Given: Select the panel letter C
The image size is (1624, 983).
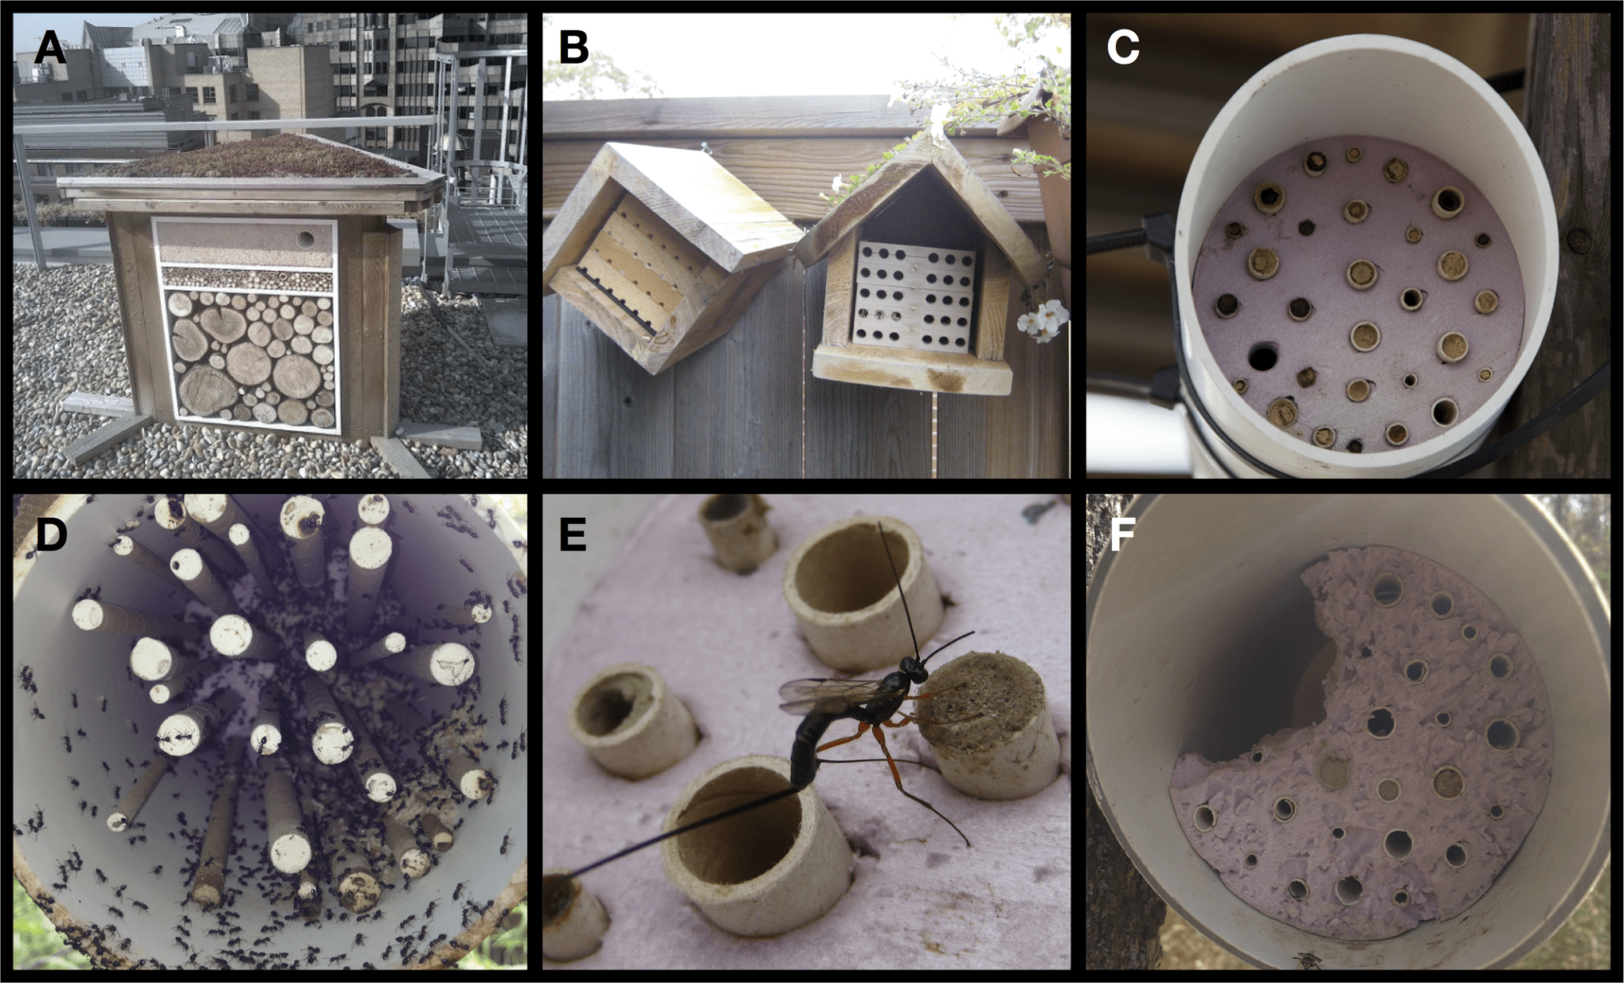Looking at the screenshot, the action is [x=1123, y=48].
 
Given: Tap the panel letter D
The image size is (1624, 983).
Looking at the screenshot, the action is [x=51, y=535].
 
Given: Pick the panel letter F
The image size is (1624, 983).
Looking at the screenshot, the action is [x=1121, y=535].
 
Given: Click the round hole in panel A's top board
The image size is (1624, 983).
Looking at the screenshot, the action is [x=305, y=238].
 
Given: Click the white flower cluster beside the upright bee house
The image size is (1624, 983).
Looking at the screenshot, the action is [x=1044, y=319].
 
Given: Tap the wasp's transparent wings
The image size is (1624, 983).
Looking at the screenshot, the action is [x=828, y=695].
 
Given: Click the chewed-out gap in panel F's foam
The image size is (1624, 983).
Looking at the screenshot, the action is [x=1242, y=685].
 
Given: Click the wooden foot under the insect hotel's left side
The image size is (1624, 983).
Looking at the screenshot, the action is [x=108, y=438].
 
